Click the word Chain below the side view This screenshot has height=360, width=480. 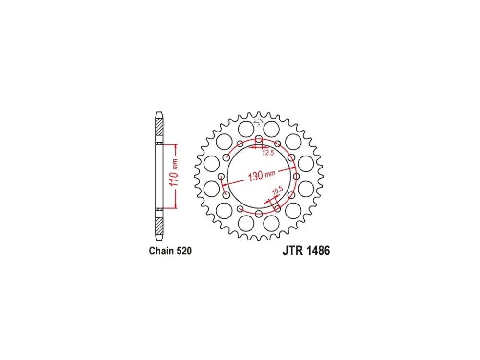pos(161,251)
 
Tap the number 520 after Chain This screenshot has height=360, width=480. pos(184,251)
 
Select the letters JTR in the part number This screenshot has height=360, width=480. pos(293,251)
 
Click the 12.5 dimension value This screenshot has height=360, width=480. pos(268,153)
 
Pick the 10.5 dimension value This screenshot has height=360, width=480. pos(276,191)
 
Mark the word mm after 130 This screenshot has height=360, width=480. pos(270,173)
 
